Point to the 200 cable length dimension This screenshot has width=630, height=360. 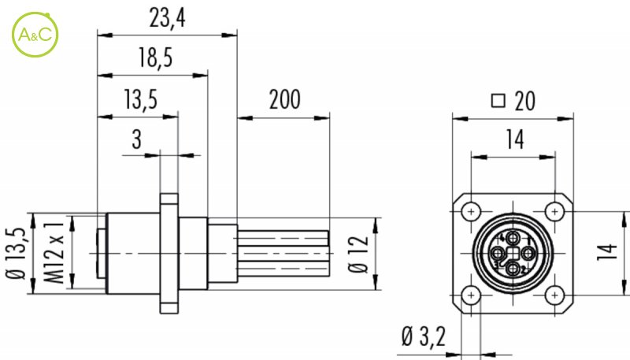[284, 100]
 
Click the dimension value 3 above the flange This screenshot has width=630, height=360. [136, 140]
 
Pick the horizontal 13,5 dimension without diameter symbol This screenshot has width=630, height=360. [140, 100]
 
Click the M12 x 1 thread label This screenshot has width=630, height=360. [54, 255]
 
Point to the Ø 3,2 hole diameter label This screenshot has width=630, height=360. [423, 336]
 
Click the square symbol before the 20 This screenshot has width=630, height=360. [497, 101]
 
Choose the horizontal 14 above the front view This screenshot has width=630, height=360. [513, 140]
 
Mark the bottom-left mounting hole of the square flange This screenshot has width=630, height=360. [471, 295]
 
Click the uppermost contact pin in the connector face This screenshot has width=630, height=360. [513, 238]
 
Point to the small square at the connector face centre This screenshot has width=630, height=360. [513, 254]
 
